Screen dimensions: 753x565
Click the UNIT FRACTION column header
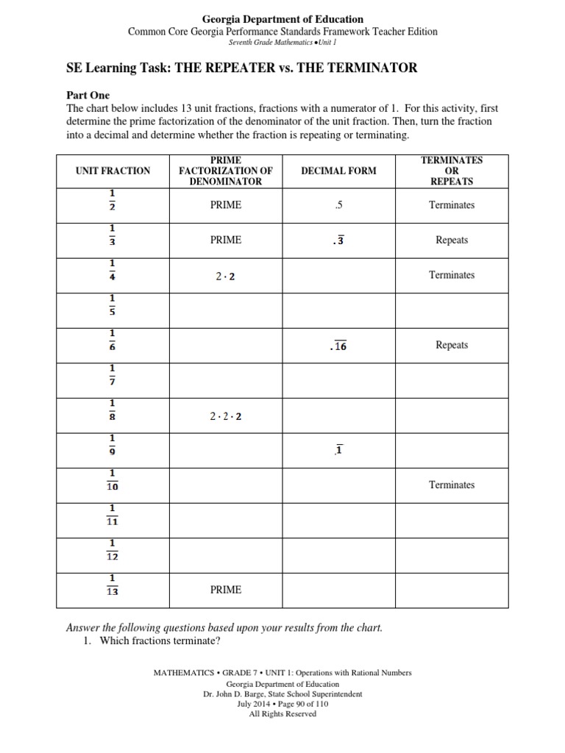click(113, 171)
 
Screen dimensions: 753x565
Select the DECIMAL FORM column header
click(338, 171)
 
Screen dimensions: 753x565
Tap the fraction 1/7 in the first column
click(113, 374)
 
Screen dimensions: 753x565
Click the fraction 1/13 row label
click(113, 584)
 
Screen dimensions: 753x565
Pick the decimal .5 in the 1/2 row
click(338, 205)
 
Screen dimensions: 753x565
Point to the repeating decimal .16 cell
click(338, 346)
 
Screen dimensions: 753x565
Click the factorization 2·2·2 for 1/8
click(225, 416)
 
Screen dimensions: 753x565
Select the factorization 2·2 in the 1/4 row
click(225, 276)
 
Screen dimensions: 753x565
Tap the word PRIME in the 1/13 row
click(225, 590)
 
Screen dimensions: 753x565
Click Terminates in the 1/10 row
click(452, 485)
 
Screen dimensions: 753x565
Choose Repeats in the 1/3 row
click(452, 240)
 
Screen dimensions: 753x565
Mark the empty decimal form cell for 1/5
click(338, 310)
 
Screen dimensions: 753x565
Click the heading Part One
click(88, 96)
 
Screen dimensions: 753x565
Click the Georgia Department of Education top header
click(282, 19)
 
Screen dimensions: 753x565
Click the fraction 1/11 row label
click(113, 514)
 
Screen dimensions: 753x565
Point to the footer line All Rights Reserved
click(282, 713)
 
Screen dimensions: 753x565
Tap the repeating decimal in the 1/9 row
click(338, 451)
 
